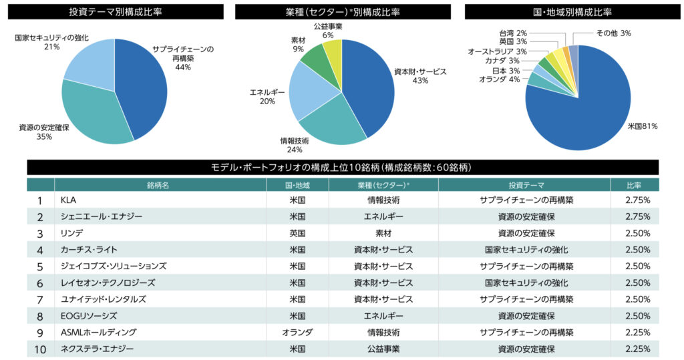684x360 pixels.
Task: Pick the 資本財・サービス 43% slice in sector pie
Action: pyautogui.click(x=367, y=87)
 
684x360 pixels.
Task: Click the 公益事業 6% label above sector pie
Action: pyautogui.click(x=328, y=30)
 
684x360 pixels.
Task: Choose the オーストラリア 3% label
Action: pyautogui.click(x=498, y=51)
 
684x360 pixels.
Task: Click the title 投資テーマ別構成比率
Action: pyautogui.click(x=114, y=12)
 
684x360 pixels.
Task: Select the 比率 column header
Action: pyautogui.click(x=634, y=185)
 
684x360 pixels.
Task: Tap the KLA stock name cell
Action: pyautogui.click(x=69, y=200)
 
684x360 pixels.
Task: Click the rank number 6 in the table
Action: pyautogui.click(x=40, y=283)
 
